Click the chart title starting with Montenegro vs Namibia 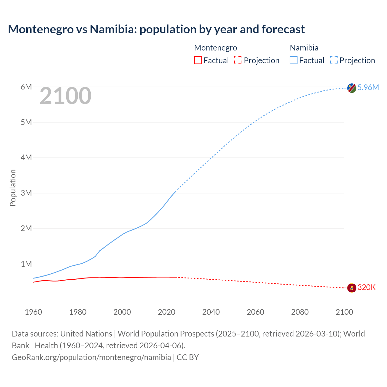coord(156,29)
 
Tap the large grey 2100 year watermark coord(65,96)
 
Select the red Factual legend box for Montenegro coord(198,60)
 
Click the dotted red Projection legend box coord(238,60)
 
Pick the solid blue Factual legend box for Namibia coord(294,60)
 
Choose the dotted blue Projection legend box coord(334,60)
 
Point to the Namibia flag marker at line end coord(352,88)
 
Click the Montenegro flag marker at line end coord(352,288)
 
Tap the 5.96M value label coord(368,87)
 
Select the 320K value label coord(366,287)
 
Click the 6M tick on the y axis coord(26,87)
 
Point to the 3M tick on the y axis coord(26,193)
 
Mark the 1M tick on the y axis coord(26,264)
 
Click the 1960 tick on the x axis coord(33,312)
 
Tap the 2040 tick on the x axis coord(211,312)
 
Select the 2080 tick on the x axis coord(300,312)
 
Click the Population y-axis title coord(13,188)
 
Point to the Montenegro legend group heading coord(216,48)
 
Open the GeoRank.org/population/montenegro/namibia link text coord(91,357)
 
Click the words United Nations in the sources coord(86,333)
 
